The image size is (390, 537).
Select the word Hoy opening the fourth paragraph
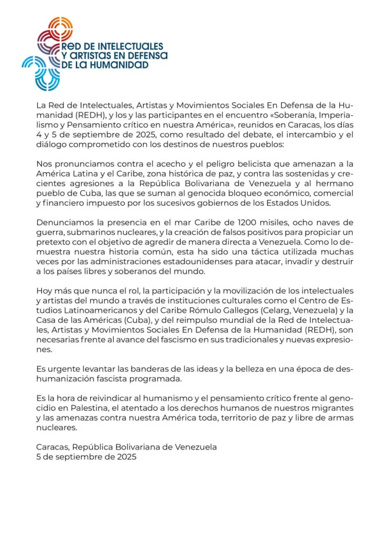tap(44, 291)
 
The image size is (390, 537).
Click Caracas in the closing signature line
tap(52, 447)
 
